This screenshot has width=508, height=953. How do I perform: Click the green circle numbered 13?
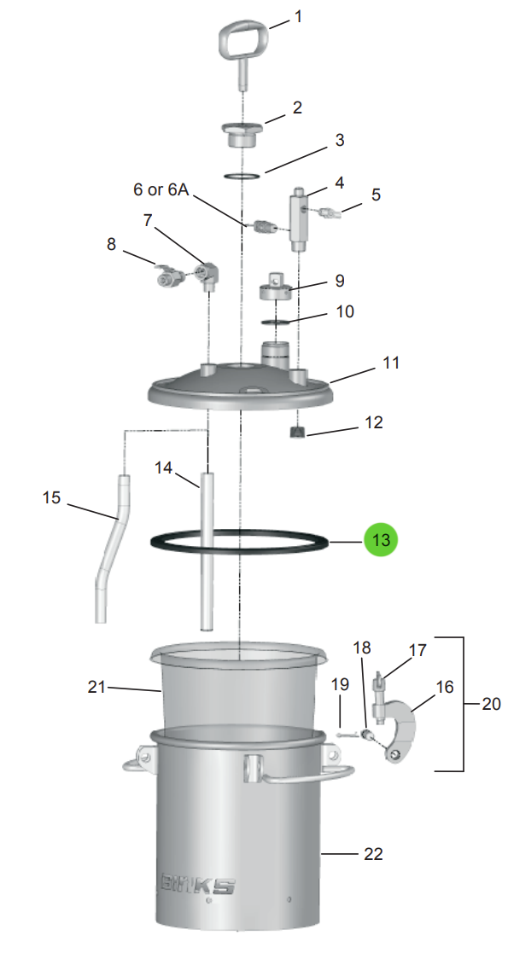click(380, 539)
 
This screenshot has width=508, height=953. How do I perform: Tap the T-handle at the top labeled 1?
click(242, 45)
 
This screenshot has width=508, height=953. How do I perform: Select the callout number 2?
click(297, 108)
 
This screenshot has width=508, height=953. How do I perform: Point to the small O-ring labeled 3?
click(242, 177)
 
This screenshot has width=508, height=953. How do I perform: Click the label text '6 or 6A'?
click(161, 189)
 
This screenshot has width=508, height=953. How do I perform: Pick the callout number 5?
click(376, 195)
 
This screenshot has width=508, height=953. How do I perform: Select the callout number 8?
click(111, 244)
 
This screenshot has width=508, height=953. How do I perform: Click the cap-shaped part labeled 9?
click(276, 288)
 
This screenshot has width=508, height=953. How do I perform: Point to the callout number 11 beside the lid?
click(391, 363)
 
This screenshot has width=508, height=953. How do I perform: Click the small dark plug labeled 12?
click(295, 432)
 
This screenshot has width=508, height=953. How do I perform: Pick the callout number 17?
click(417, 650)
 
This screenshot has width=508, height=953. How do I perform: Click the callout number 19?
click(340, 684)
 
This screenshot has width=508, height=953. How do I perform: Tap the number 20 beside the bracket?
click(491, 704)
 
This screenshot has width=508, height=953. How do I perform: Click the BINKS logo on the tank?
click(197, 885)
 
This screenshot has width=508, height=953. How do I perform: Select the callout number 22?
click(373, 854)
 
